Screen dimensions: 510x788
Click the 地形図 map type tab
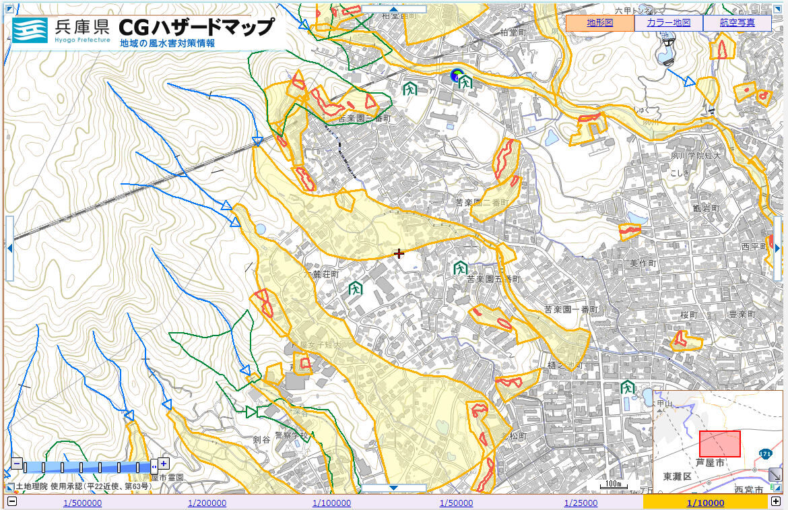point(599,23)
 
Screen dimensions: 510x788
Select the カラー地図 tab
point(668,23)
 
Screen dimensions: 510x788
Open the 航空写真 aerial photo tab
point(736,23)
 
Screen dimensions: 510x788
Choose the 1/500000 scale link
point(83,503)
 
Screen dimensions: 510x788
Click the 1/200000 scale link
point(207,503)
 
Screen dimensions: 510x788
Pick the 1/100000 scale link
point(331,503)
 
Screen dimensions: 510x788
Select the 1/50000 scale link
point(456,503)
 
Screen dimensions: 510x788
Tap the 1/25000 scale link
point(581,503)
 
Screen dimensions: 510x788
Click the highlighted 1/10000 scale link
point(705,503)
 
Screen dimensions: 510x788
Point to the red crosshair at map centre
point(399,253)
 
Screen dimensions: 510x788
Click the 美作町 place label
point(643,263)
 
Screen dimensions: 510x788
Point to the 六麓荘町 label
point(323,276)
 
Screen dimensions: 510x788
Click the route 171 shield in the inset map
point(764,454)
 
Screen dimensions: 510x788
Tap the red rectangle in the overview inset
point(719,444)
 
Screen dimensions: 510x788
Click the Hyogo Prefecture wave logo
point(30,30)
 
